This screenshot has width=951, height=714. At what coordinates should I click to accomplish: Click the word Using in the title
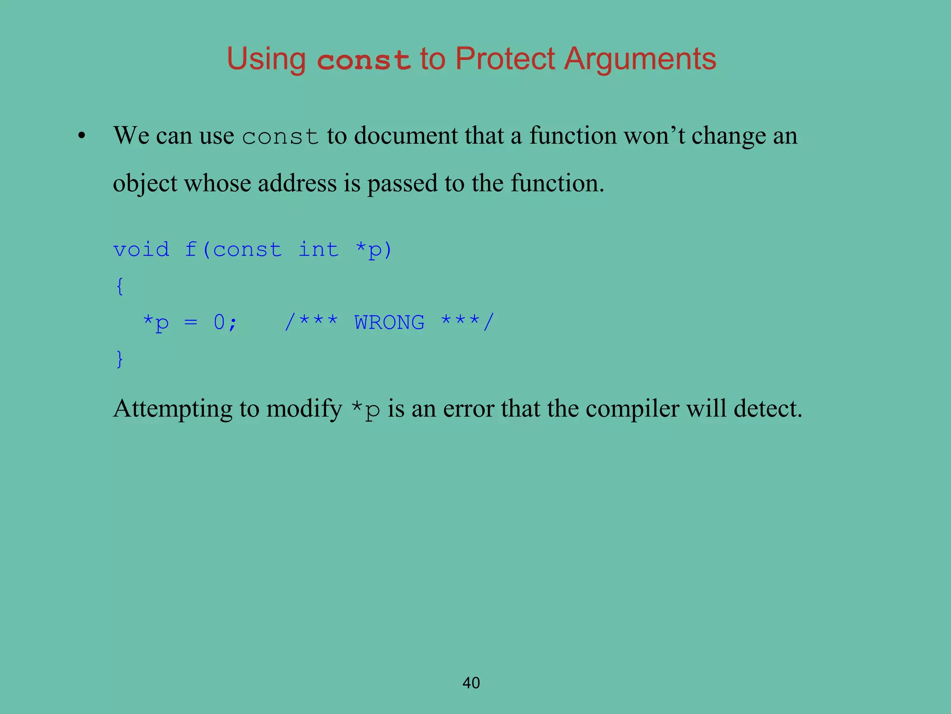tap(266, 59)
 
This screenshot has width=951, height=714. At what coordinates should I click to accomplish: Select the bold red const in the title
tap(364, 60)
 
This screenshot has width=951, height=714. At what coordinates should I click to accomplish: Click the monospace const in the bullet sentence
tap(280, 137)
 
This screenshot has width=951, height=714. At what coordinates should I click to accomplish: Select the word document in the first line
tap(405, 136)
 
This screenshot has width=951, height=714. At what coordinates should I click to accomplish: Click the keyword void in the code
tap(141, 250)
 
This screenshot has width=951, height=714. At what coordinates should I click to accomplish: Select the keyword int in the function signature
tap(318, 250)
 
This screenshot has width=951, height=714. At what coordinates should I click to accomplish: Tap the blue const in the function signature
tap(247, 250)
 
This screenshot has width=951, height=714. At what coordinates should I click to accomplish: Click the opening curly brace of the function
tap(120, 286)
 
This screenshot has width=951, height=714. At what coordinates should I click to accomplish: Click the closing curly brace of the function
tap(120, 359)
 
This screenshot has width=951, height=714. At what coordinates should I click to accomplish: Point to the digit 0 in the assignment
tap(219, 322)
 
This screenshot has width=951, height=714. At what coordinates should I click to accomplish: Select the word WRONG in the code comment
tap(389, 323)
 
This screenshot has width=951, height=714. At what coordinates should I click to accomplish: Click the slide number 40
tap(471, 683)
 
